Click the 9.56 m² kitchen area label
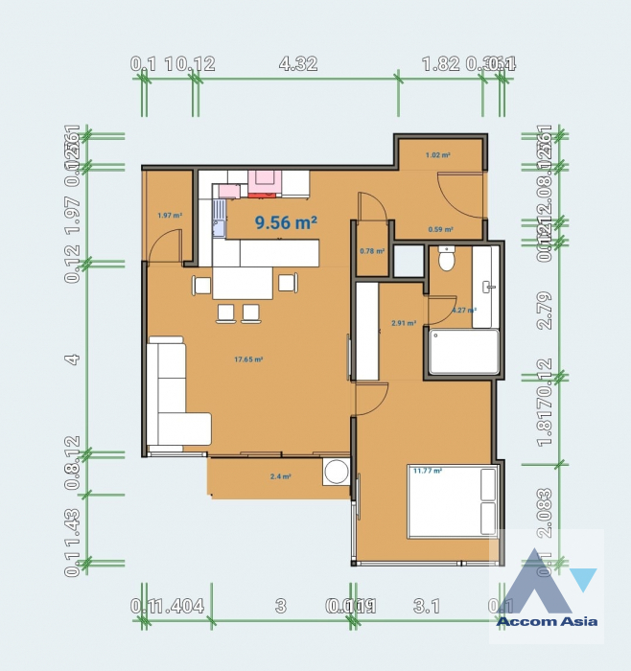pos(286,222)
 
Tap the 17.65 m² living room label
pos(248,359)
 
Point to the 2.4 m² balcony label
pos(280,476)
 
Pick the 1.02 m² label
pos(438,153)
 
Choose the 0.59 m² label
pos(440,229)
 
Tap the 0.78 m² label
pos(371,251)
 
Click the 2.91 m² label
pos(403,323)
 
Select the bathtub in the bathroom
pos(464,352)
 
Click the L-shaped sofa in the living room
pos(174,394)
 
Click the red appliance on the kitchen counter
pos(262,182)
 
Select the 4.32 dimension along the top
pos(297,64)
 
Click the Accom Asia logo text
pos(547,621)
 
